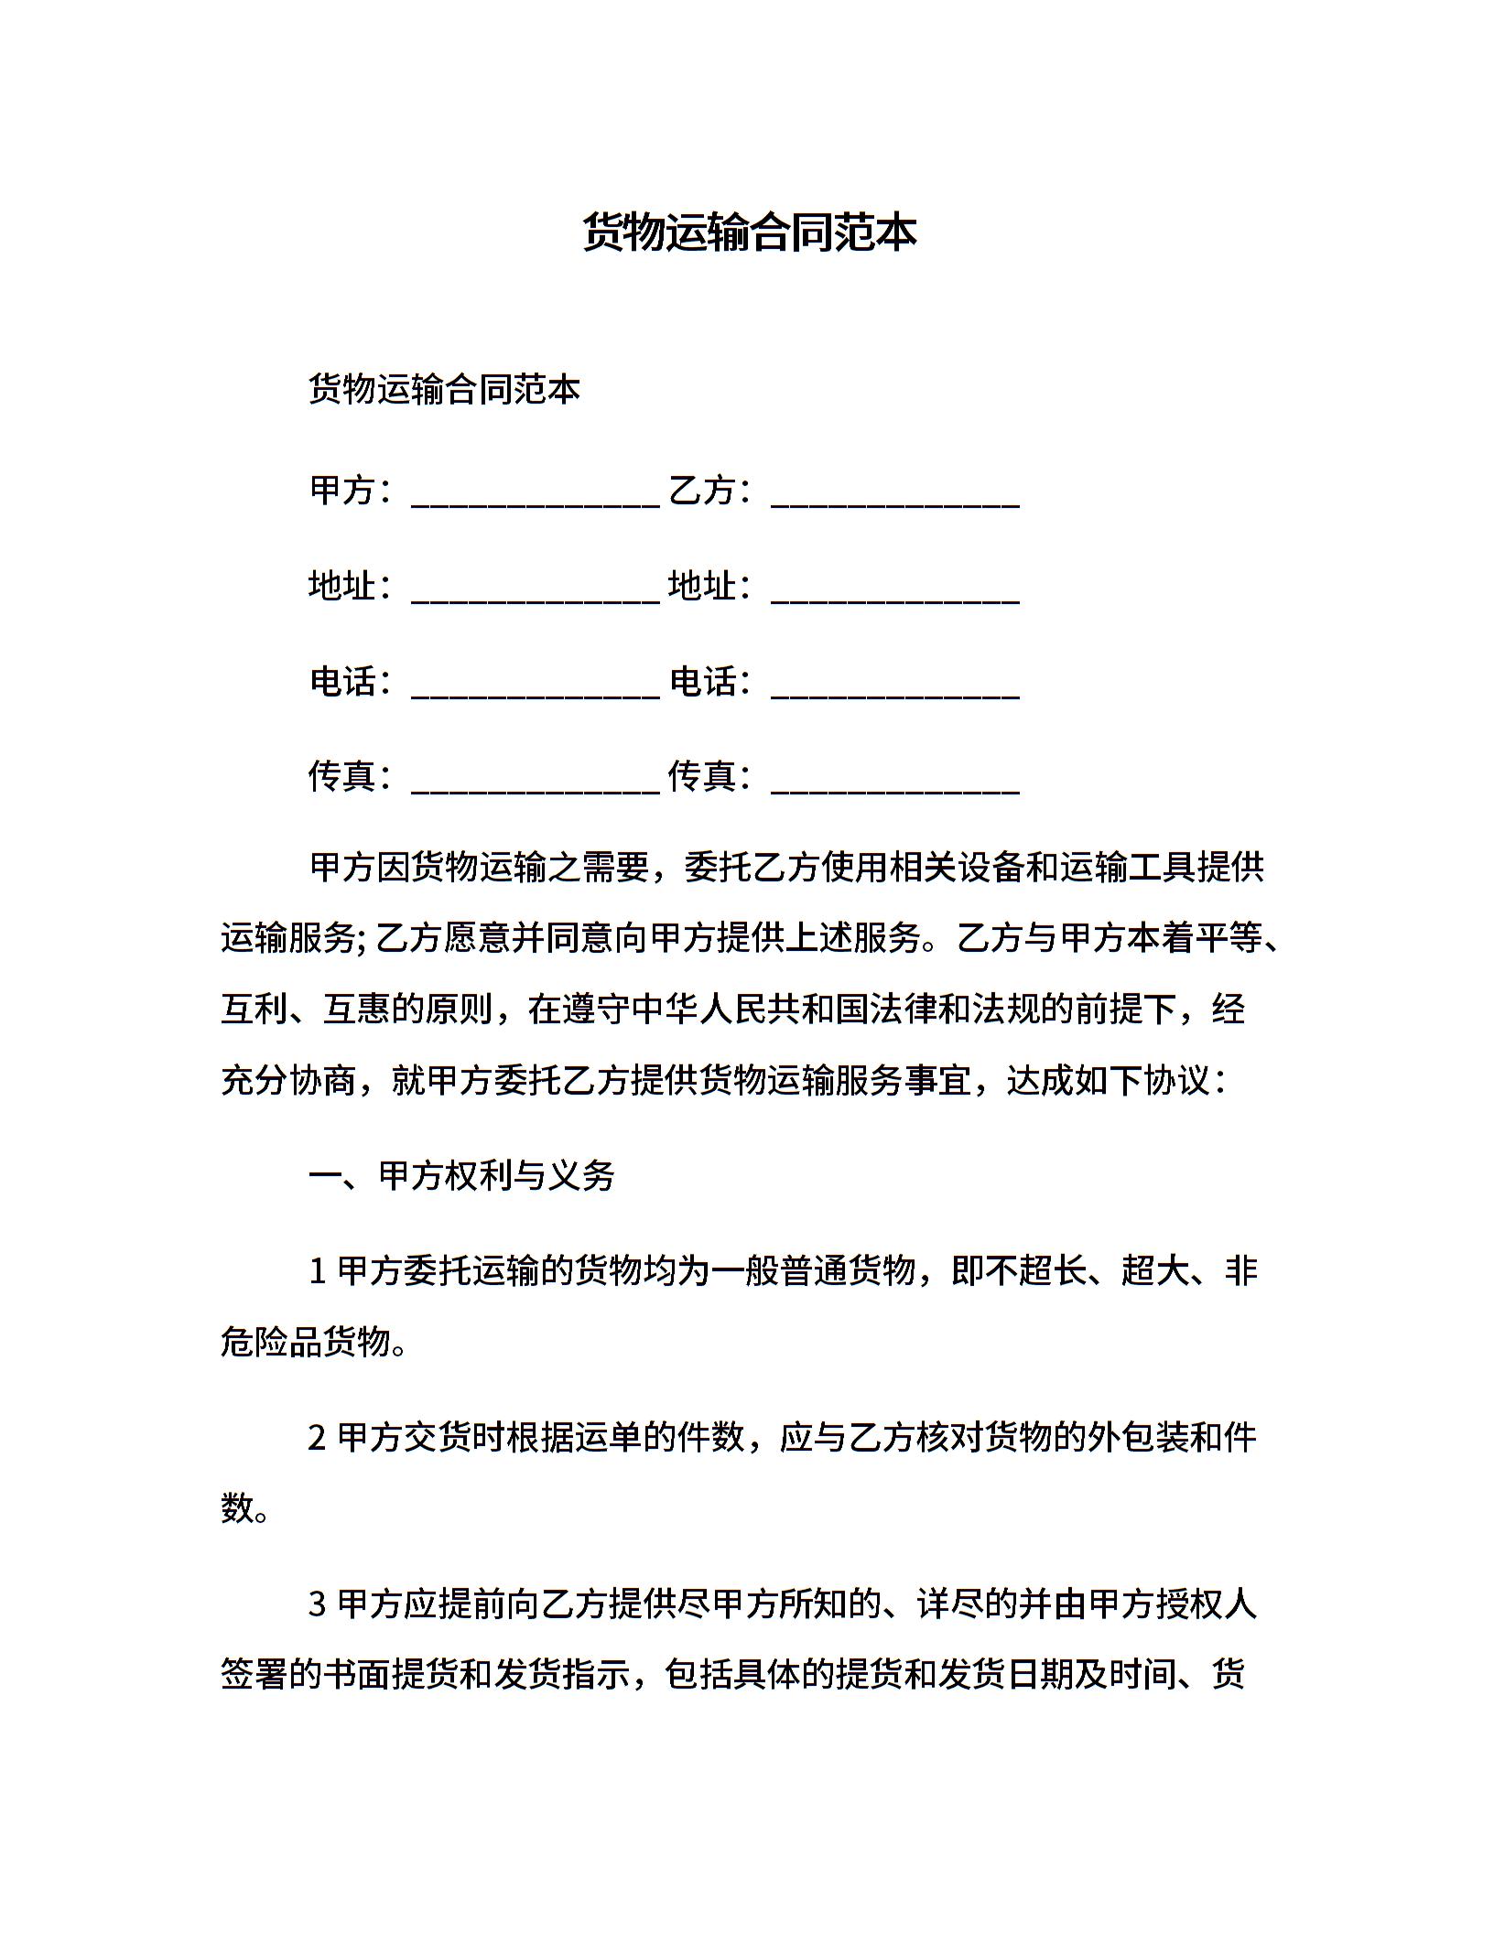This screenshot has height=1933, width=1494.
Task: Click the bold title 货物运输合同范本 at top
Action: tap(749, 232)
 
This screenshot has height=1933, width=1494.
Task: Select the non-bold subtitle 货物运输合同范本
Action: tap(444, 390)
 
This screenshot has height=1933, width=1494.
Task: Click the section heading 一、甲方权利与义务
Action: tap(461, 1175)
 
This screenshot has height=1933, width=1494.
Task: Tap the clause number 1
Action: tap(318, 1271)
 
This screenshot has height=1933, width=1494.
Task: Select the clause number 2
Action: tap(318, 1438)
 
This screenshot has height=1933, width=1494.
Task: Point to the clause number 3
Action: tap(318, 1604)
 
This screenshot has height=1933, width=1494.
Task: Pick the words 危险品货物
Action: tap(306, 1342)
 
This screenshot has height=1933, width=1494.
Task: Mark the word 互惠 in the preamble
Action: tap(357, 1010)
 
